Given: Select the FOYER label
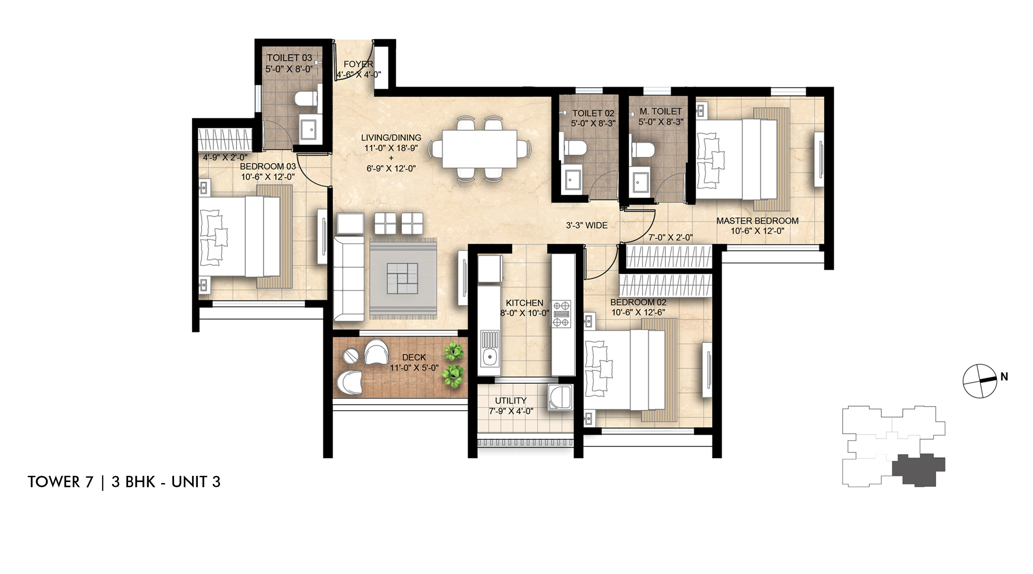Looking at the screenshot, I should [358, 64].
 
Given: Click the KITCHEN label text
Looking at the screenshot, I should [524, 303].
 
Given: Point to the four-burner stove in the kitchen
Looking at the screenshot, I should [561, 314].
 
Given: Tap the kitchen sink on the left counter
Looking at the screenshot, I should [489, 355].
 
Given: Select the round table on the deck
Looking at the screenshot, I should [351, 356].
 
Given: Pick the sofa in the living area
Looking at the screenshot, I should [348, 279].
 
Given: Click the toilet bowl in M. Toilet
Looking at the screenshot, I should [644, 149].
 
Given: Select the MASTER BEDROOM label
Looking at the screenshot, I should [757, 221].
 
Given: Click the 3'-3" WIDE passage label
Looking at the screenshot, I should [586, 225].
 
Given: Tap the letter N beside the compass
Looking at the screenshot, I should [1004, 377].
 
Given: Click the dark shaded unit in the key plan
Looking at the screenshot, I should [918, 469].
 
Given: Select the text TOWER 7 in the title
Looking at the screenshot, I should [60, 482].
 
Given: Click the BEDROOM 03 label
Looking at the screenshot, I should [268, 166].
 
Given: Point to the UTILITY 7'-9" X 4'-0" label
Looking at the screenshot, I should [510, 406].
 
